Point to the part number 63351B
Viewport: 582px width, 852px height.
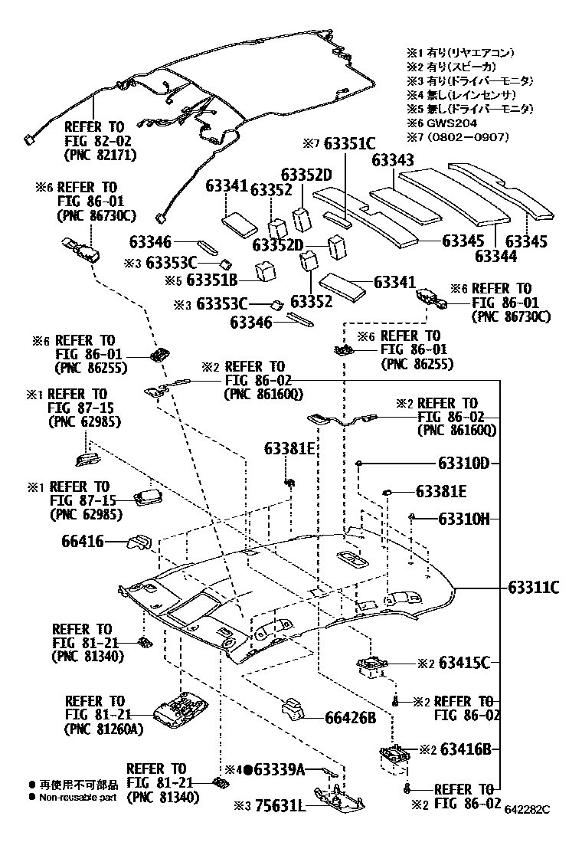212,280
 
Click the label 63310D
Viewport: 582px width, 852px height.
463,464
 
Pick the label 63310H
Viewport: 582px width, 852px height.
463,519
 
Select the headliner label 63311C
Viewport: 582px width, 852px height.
533,588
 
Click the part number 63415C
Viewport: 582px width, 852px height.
464,662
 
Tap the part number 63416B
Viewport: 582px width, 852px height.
464,749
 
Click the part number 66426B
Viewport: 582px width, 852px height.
350,718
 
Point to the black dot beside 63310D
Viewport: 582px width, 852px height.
358,464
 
